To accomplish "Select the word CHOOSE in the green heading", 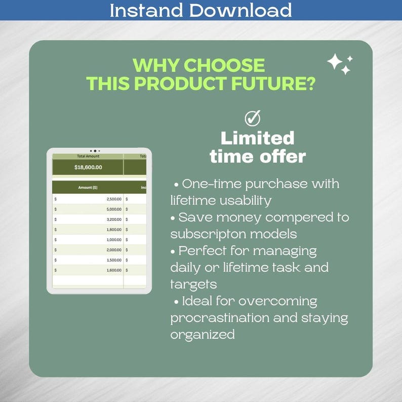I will [x=224, y=65].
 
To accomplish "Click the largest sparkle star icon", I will [x=335, y=62].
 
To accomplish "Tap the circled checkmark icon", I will [x=252, y=118].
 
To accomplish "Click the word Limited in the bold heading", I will [x=257, y=138].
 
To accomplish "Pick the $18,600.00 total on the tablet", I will [x=88, y=167].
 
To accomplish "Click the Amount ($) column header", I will [x=88, y=187].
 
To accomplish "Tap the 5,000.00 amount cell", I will [x=114, y=209].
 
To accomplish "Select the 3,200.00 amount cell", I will [x=114, y=219].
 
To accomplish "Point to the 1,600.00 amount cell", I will [x=114, y=270].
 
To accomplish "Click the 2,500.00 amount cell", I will [x=114, y=199].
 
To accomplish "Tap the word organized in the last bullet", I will [x=203, y=335].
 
